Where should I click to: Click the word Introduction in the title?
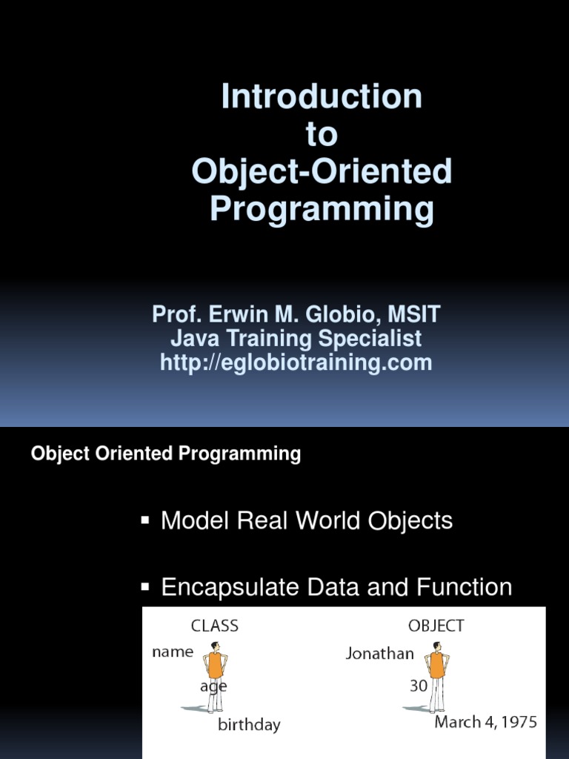(322, 97)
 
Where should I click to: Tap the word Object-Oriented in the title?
(322, 172)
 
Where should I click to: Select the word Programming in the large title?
(322, 210)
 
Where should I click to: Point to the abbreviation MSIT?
(416, 314)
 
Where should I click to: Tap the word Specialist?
(370, 339)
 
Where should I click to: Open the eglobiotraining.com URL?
(296, 363)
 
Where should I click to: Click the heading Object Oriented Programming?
(166, 454)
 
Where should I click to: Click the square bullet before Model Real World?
(145, 520)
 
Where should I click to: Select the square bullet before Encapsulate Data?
(145, 587)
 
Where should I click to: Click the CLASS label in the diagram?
(215, 626)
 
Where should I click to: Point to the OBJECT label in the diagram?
(436, 626)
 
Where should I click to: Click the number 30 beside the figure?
(419, 686)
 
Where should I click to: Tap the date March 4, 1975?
(486, 722)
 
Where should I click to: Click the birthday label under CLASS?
(249, 725)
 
